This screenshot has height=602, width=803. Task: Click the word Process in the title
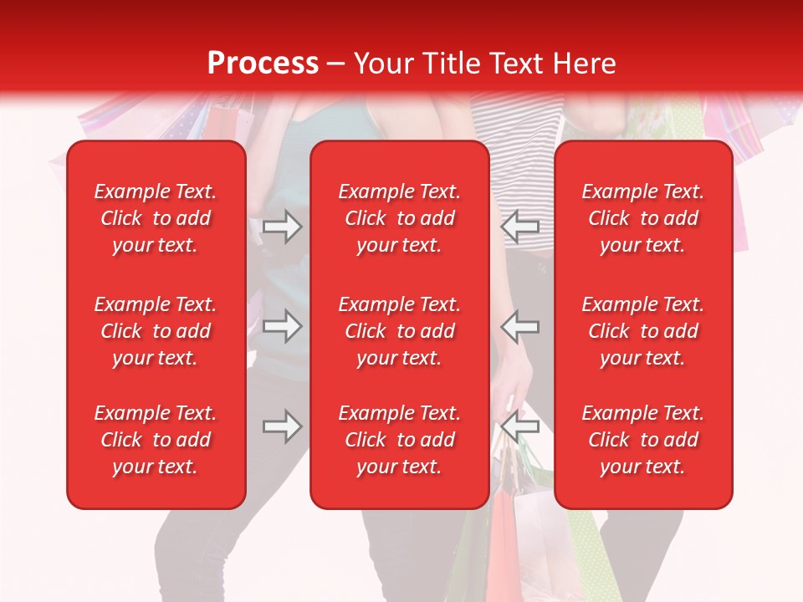263,63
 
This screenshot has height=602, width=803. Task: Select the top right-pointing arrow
282,227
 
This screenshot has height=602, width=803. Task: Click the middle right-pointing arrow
282,326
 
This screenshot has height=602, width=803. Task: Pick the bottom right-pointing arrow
282,426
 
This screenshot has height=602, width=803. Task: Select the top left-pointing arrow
519,227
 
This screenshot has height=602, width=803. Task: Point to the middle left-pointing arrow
519,326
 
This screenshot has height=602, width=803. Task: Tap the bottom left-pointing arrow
519,426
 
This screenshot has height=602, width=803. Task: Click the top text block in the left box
156,218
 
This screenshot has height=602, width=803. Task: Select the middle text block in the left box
156,331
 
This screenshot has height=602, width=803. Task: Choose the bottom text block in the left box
156,440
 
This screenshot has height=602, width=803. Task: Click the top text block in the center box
400,218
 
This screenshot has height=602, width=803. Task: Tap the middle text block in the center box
400,331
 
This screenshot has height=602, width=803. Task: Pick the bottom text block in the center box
400,440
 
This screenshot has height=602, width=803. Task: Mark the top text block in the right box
643,218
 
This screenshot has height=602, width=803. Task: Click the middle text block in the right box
643,331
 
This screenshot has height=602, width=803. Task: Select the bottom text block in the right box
643,440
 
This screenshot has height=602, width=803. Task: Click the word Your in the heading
381,63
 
